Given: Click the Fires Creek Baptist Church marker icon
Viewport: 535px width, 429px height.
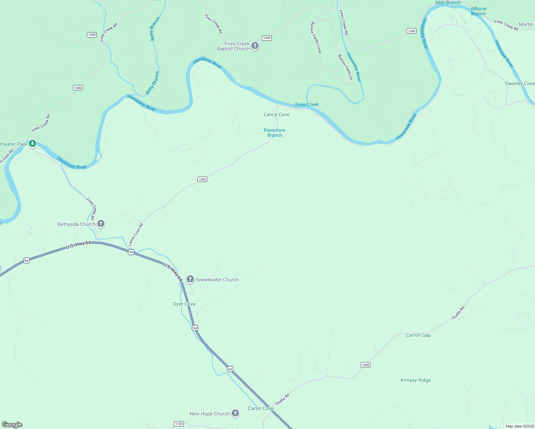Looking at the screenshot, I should tap(255, 45).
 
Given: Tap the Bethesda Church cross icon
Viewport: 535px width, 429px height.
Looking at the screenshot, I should tap(101, 224).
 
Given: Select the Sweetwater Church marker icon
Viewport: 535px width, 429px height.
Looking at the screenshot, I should tap(190, 279).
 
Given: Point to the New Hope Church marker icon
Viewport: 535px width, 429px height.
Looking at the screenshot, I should tap(235, 413).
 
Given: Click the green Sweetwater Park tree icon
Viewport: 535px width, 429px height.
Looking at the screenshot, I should tap(33, 144).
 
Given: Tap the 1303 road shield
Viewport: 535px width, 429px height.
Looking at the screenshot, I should tap(202, 179).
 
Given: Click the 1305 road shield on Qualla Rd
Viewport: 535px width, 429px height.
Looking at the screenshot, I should tap(365, 365).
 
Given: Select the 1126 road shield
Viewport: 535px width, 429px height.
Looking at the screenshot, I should tap(179, 424).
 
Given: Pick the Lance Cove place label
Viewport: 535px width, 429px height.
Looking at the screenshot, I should tap(277, 114).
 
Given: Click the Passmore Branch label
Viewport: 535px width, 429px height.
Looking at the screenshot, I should tap(275, 133).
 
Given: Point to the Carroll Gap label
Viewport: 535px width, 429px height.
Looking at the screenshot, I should tap(418, 335).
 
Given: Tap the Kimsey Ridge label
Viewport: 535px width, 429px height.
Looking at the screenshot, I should tap(416, 380).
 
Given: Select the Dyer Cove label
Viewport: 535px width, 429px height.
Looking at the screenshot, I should tap(184, 304).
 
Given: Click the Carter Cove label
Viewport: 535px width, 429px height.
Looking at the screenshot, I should tap(261, 408).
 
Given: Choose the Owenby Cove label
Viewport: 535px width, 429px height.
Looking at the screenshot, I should tap(520, 83).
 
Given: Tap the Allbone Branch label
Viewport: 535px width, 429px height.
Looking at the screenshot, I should tap(478, 11).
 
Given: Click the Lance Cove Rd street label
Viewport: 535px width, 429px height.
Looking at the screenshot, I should tap(136, 235).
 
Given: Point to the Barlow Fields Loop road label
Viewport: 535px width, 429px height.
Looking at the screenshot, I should tap(316, 38).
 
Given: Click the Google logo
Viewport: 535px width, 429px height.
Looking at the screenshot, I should tap(12, 425).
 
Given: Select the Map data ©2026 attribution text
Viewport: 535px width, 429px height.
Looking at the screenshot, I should tap(520, 426).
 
